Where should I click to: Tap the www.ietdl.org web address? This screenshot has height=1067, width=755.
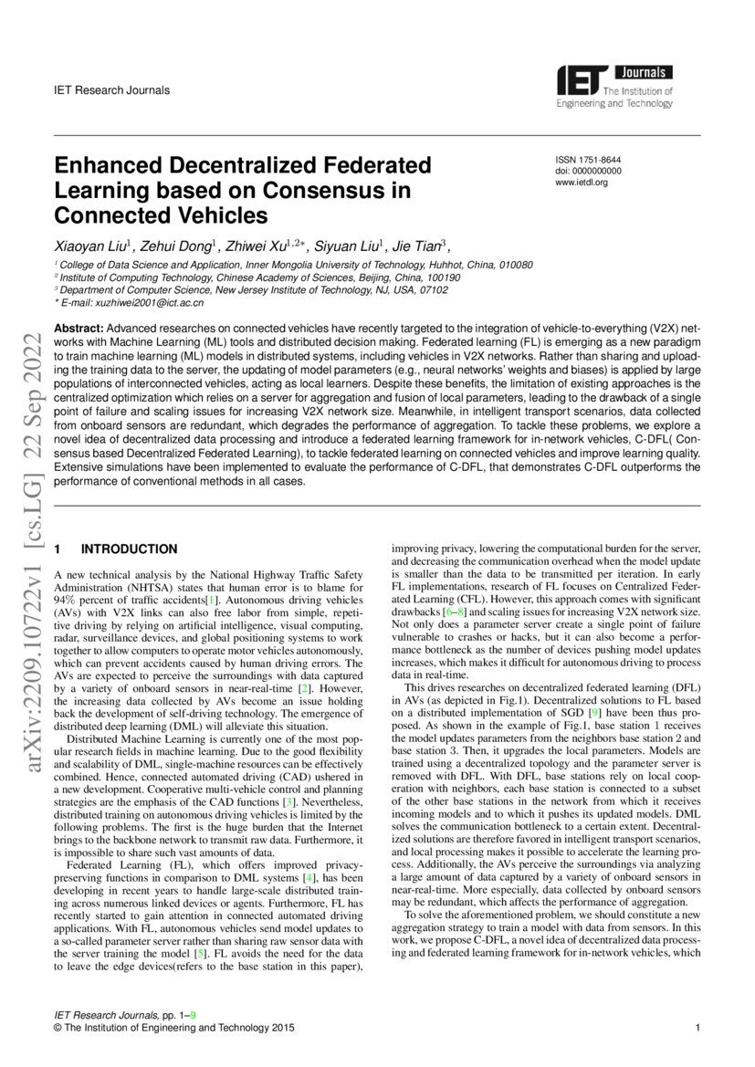tap(582, 183)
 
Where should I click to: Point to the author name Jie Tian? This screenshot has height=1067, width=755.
tap(416, 246)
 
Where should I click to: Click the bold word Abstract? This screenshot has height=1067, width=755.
tap(79, 327)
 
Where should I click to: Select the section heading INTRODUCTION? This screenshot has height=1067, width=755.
tap(130, 549)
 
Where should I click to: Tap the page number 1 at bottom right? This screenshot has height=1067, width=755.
tap(697, 1029)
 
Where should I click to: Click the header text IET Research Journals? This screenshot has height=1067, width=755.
tap(112, 90)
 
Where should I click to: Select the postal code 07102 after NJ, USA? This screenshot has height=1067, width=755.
tap(431, 290)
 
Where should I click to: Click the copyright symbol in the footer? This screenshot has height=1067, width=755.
tap(59, 1029)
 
